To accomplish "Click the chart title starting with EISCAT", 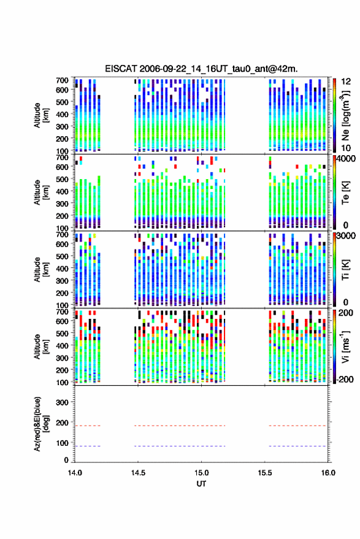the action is tap(201, 69).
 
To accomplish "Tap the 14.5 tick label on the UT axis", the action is tap(138, 473).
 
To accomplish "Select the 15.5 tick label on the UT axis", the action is tap(265, 473).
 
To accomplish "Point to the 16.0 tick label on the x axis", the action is tap(328, 473).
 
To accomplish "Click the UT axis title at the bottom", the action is tap(201, 484).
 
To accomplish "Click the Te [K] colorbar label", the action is tap(345, 193).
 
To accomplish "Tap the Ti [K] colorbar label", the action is tap(345, 270).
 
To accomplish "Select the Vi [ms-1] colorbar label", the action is tap(345, 346).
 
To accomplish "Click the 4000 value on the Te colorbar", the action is tap(346, 159).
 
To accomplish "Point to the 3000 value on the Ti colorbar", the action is tap(346, 236).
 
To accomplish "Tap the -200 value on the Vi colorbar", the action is tap(344, 380).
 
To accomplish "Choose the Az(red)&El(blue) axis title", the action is tap(41, 424).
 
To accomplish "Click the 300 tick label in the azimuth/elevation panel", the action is tap(62, 402).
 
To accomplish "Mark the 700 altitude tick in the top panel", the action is tap(62, 80).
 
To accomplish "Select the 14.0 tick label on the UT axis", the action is tap(75, 473).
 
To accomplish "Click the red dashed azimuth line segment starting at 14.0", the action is tap(88, 426).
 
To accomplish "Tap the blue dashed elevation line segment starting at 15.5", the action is tap(297, 446).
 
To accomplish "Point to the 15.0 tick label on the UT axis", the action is tap(202, 473).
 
